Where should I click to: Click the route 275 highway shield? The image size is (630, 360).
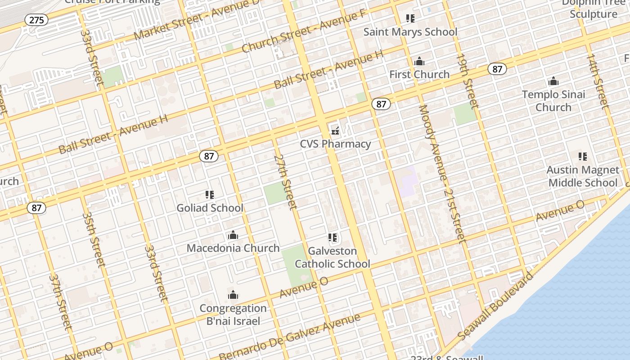[x=36, y=20]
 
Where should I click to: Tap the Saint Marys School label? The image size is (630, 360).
[x=410, y=32]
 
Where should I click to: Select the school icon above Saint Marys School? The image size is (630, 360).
[x=410, y=18]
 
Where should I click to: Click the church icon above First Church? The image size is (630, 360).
[x=419, y=61]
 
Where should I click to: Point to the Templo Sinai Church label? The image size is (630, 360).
[x=553, y=101]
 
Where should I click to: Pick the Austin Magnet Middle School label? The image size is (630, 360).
[x=583, y=176]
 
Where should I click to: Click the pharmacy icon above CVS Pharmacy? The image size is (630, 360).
[x=335, y=131]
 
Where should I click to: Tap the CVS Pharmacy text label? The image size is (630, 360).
[x=336, y=144]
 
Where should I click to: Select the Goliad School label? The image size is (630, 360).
[x=210, y=208]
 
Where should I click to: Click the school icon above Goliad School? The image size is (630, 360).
[x=210, y=195]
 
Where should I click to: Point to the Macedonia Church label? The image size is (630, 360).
[x=233, y=248]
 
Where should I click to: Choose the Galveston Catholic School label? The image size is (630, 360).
[x=333, y=257]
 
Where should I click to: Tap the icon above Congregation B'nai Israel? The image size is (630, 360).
[x=233, y=295]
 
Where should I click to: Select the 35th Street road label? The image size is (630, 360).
[x=94, y=239]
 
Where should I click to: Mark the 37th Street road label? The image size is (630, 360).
[x=60, y=301]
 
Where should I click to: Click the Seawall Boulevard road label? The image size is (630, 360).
[x=495, y=306]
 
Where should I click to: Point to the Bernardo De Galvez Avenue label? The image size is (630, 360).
[x=290, y=337]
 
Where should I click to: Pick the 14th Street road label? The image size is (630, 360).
[x=598, y=81]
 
